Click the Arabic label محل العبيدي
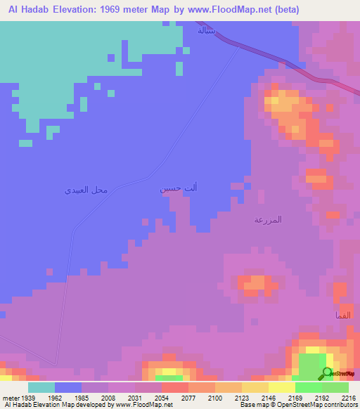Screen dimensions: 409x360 (86, 190)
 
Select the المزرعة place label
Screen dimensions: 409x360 (268, 220)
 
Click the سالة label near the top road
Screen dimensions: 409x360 (206, 30)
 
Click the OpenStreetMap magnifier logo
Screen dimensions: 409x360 (327, 373)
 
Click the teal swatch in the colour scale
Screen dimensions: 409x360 (41, 387)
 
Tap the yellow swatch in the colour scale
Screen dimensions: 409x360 (281, 387)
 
